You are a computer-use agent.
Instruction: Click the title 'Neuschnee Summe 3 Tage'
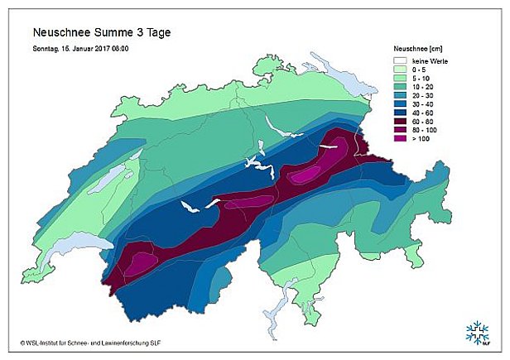(102, 33)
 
